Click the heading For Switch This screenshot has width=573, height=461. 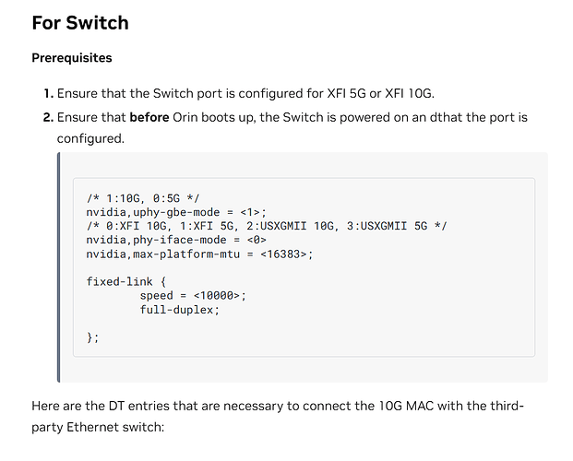click(79, 22)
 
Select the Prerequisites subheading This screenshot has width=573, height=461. click(71, 58)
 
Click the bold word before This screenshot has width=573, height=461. click(149, 118)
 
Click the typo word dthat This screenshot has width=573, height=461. click(448, 118)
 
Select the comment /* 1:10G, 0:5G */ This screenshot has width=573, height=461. click(143, 198)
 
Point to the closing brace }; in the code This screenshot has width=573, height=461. click(92, 337)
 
